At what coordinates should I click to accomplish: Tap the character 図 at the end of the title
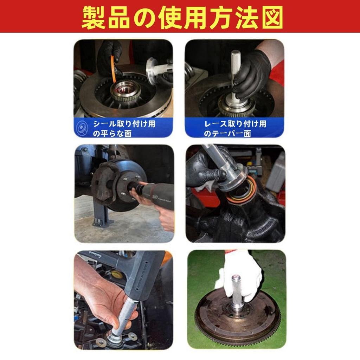(271, 17)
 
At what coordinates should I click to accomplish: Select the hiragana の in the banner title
(145, 17)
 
